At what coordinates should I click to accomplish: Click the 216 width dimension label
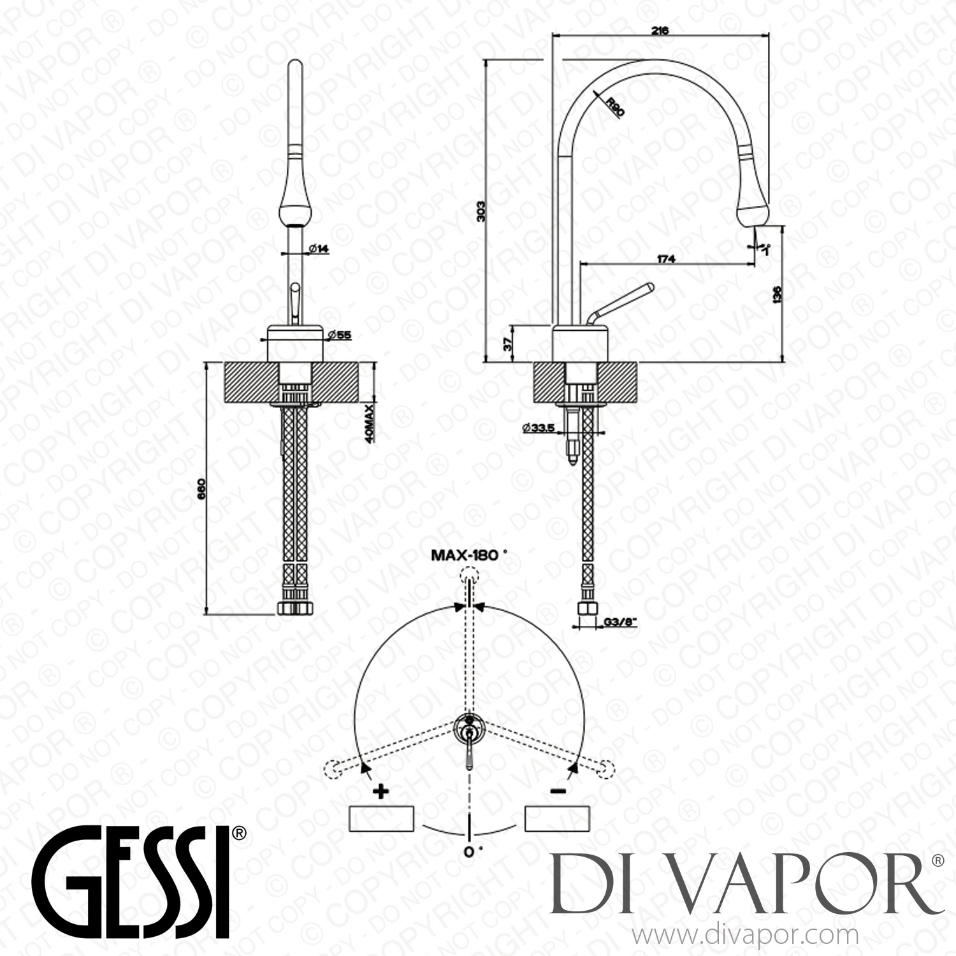660,31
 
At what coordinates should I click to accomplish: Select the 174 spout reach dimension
665,258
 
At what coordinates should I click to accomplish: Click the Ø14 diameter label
319,249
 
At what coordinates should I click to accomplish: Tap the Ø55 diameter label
343,335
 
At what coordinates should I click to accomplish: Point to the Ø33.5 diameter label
537,429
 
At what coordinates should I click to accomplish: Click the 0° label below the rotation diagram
470,852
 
